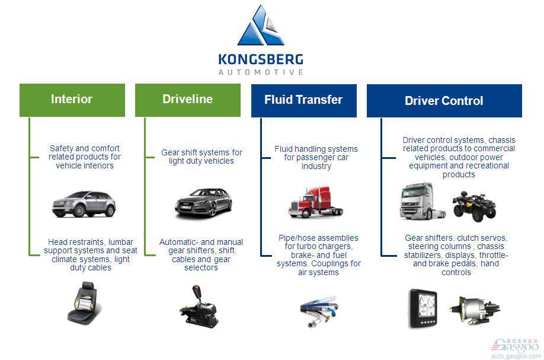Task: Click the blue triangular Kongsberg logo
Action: click(260, 26)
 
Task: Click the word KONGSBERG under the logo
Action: click(261, 59)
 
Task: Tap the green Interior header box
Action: click(72, 100)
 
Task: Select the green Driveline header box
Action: click(188, 100)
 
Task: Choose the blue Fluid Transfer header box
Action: click(303, 101)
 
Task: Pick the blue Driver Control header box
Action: click(444, 101)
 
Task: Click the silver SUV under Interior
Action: click(84, 204)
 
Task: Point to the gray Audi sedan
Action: click(203, 203)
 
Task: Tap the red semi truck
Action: click(315, 202)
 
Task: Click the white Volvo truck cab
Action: click(421, 201)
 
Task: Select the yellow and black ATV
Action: click(474, 206)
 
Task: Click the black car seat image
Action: click(84, 303)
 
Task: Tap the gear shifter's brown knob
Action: click(197, 291)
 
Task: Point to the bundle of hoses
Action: click(319, 311)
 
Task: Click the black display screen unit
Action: click(423, 308)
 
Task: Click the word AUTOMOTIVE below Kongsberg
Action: click(261, 72)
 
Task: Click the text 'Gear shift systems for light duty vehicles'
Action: click(201, 157)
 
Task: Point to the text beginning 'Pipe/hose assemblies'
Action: click(318, 255)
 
